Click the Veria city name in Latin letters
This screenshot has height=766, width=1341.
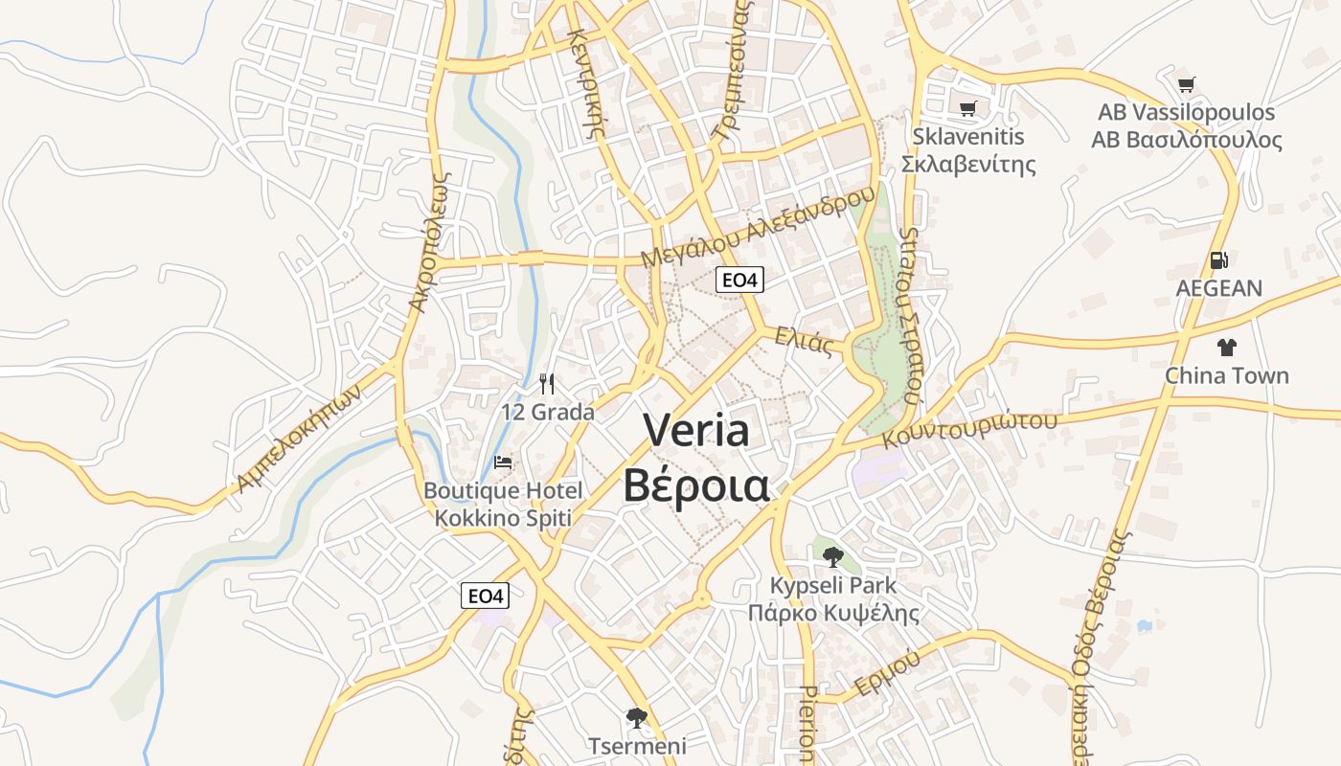coord(696,430)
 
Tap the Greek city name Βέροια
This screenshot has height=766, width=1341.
coord(696,484)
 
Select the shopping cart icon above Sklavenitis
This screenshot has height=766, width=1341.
coord(967,108)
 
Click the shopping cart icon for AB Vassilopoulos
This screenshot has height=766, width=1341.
coord(1186,84)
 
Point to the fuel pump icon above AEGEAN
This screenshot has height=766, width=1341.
coord(1218,259)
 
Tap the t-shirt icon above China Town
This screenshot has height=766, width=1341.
coord(1227,348)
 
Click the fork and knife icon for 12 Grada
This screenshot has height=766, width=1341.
coord(547,384)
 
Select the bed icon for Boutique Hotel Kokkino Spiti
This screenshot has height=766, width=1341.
coord(503,462)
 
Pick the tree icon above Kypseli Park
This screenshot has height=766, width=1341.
coord(833,556)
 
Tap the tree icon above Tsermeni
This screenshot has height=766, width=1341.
coord(636,718)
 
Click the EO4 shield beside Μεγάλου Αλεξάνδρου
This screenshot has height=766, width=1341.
coord(740,280)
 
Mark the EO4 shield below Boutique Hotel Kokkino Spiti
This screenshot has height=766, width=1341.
coord(486,596)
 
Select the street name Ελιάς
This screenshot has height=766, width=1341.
coord(804,341)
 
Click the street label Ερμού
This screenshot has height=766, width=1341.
coord(888,672)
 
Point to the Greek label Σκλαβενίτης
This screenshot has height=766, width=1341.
coord(968,164)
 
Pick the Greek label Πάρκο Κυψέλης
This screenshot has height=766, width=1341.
coord(833,614)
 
